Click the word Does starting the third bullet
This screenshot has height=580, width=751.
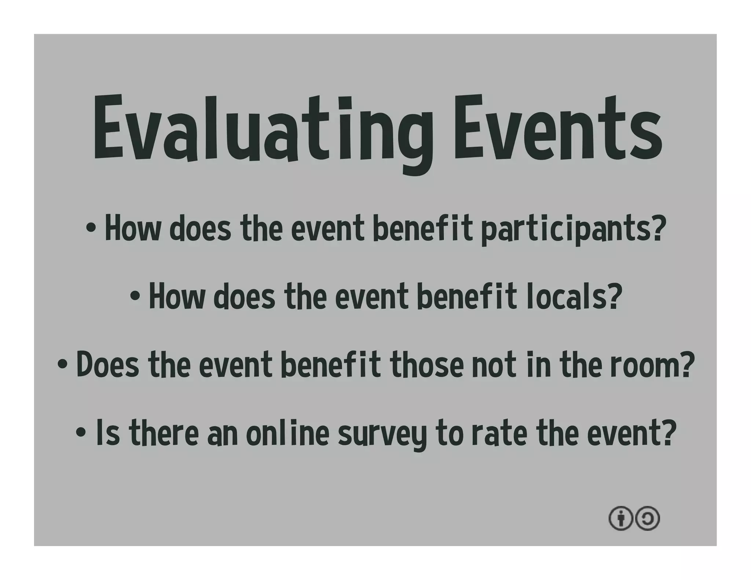coord(108,365)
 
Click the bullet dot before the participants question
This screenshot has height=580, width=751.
coord(91,229)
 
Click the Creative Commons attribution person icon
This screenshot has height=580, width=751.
coord(620,518)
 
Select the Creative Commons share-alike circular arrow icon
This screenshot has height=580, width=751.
coord(648,518)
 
